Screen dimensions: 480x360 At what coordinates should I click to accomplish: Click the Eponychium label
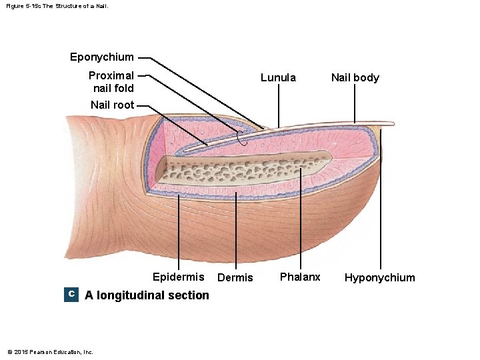pyautogui.click(x=102, y=57)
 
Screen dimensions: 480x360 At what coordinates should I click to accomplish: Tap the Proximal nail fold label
pyautogui.click(x=111, y=81)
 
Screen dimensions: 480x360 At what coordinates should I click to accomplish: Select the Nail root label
pyautogui.click(x=112, y=105)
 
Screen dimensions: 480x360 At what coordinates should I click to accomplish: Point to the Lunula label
pyautogui.click(x=278, y=77)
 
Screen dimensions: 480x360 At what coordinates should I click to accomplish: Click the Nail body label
pyautogui.click(x=355, y=77)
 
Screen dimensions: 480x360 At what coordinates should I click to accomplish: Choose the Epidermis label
pyautogui.click(x=178, y=277)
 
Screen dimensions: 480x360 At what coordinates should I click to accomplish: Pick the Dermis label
pyautogui.click(x=235, y=277)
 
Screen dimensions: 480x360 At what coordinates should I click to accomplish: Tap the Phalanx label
pyautogui.click(x=300, y=277)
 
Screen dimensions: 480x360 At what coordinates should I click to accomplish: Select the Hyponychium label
pyautogui.click(x=379, y=277)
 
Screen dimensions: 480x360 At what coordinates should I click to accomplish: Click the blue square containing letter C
pyautogui.click(x=71, y=295)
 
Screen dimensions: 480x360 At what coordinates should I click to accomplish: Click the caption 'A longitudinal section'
pyautogui.click(x=147, y=295)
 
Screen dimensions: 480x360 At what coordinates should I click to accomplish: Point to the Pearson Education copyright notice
pyautogui.click(x=50, y=352)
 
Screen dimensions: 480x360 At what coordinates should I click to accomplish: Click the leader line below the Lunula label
pyautogui.click(x=278, y=107)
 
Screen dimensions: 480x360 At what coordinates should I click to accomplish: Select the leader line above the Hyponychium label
pyautogui.click(x=381, y=200)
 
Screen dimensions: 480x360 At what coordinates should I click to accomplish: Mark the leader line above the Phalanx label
pyautogui.click(x=300, y=220)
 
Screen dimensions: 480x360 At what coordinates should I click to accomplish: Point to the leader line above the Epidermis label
pyautogui.click(x=179, y=233)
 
